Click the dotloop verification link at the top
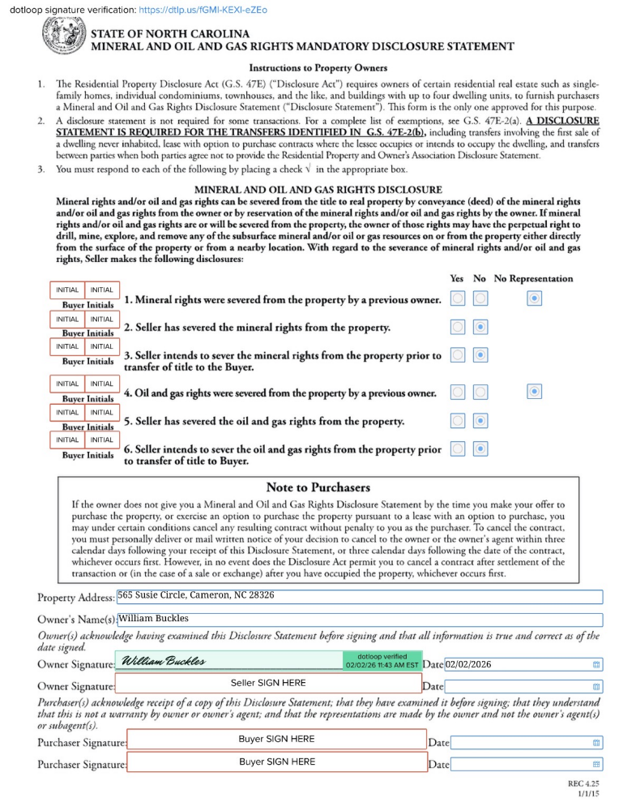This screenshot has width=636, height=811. tap(203, 10)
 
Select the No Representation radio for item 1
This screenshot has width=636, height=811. tap(534, 299)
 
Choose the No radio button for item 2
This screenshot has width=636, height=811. tap(480, 327)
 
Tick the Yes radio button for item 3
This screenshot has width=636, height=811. tap(458, 355)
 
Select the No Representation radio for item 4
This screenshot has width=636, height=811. tap(534, 393)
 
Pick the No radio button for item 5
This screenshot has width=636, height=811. tap(480, 421)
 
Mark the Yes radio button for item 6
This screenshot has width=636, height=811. tap(458, 448)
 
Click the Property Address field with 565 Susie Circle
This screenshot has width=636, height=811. tap(359, 596)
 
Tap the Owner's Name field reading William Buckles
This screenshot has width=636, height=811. tap(359, 620)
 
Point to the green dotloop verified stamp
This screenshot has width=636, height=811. tap(382, 661)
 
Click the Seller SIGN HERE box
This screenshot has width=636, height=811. tap(268, 684)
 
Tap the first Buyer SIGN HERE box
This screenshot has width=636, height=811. tap(276, 740)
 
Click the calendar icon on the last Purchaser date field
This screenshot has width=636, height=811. tap(597, 764)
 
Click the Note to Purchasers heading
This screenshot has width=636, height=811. tap(318, 487)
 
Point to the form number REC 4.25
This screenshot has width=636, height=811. tap(584, 784)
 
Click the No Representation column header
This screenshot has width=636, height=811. tap(533, 278)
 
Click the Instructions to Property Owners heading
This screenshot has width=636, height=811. tap(318, 67)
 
